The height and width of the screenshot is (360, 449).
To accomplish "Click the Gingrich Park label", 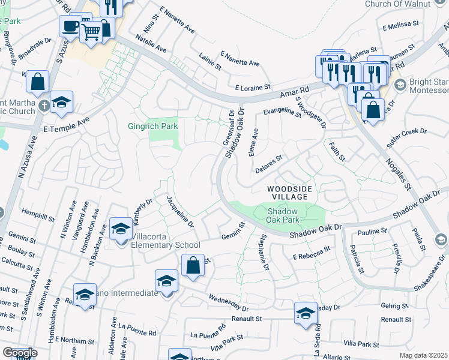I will click(x=152, y=127).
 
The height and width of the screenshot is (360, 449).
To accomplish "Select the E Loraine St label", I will click(x=253, y=88).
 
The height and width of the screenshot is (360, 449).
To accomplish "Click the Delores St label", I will click(x=268, y=164).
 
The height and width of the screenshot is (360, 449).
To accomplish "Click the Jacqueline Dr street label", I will click(x=180, y=211).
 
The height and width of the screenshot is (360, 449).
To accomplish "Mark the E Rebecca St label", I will click(x=312, y=253).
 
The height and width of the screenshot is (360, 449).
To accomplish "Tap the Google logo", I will click(x=20, y=353).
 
